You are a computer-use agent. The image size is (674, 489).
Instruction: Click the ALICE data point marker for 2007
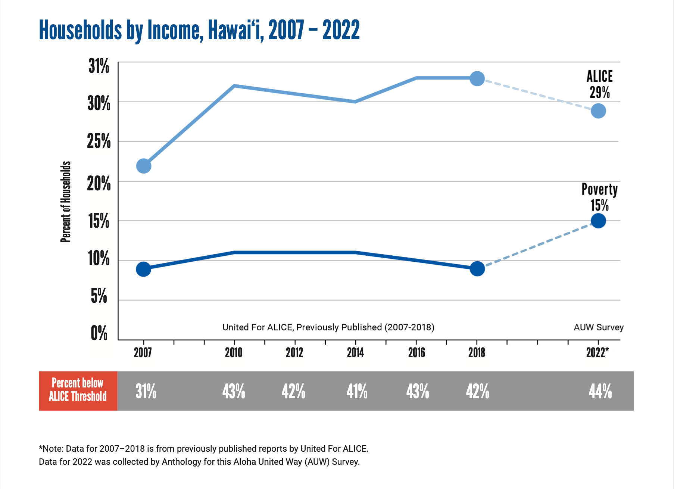tap(144, 166)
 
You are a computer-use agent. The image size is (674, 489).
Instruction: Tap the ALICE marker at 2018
tap(477, 78)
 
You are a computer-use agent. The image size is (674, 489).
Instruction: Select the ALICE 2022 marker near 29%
tap(598, 111)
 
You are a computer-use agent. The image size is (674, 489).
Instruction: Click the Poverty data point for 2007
tap(143, 269)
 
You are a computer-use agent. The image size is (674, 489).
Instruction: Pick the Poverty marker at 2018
tap(477, 268)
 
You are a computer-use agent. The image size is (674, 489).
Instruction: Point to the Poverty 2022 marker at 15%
tap(598, 221)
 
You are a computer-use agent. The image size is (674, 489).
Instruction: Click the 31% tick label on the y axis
tap(99, 66)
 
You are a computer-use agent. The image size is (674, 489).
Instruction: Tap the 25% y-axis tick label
tap(99, 141)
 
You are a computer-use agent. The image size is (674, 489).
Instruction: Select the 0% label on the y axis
tap(99, 333)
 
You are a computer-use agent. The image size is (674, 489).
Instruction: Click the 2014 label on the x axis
tap(355, 352)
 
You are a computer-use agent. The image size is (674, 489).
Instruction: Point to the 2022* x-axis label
tap(597, 352)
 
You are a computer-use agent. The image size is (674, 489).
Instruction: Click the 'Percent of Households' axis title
tap(66, 202)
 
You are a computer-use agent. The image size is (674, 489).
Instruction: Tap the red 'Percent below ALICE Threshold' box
tap(78, 390)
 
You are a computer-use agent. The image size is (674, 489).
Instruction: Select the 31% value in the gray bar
tap(146, 392)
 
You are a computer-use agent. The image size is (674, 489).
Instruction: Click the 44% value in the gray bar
tap(600, 392)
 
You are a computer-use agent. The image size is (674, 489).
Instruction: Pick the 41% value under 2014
tap(357, 392)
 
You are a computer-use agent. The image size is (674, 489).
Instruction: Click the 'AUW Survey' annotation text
tap(599, 327)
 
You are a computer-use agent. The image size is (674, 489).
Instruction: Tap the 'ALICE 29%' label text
tap(599, 84)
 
